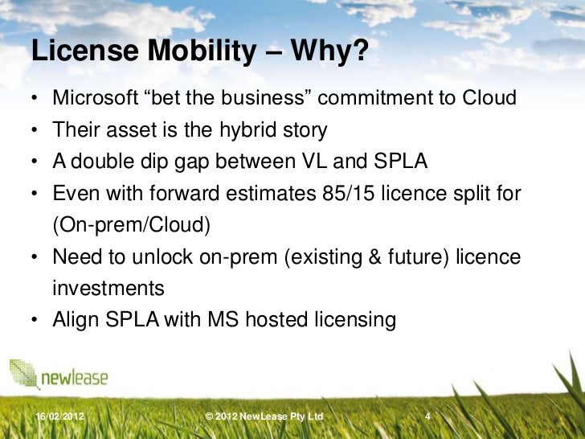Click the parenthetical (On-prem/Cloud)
[x=132, y=225]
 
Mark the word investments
[x=108, y=288]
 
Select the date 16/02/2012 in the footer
[x=61, y=416]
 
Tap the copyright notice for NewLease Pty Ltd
[x=264, y=416]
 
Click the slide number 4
[x=428, y=416]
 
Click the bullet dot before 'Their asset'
[x=36, y=131]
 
